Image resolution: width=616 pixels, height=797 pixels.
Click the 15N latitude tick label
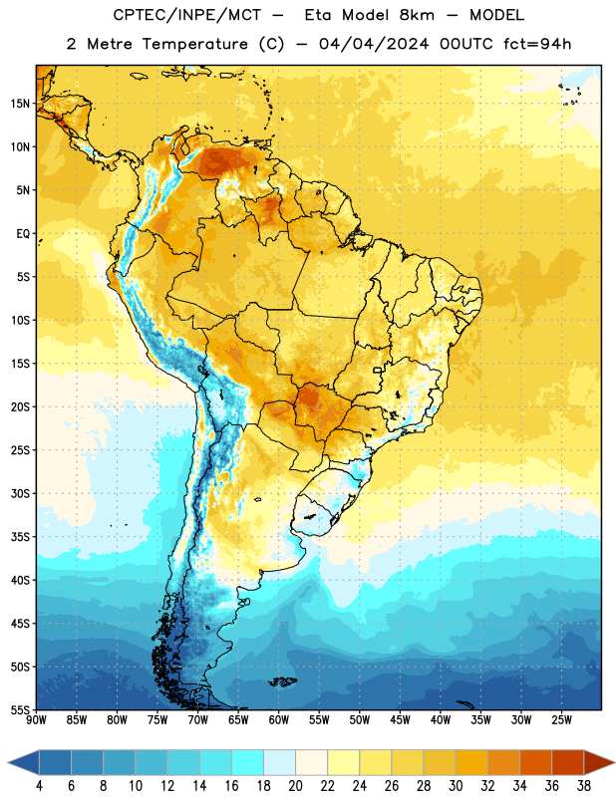20,104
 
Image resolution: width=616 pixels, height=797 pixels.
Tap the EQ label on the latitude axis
23,234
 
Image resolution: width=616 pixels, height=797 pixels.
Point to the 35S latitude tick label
20,537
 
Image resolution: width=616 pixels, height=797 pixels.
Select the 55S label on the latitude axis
20,709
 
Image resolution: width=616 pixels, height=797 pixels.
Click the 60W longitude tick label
279,720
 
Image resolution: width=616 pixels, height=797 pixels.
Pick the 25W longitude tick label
561,720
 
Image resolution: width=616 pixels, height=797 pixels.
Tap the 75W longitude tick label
157,720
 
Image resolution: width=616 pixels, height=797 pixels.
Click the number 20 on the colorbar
295,786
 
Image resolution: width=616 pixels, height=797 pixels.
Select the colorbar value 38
583,786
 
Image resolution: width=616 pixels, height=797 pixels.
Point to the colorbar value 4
39,786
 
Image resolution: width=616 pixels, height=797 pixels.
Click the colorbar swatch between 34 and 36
535,763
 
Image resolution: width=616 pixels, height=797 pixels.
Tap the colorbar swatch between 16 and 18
248,763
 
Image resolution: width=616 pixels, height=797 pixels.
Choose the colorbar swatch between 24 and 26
376,763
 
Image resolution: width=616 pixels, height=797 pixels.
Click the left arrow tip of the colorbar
8,763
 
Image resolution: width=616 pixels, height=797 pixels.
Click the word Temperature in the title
194,44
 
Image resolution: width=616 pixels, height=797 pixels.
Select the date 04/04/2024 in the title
374,44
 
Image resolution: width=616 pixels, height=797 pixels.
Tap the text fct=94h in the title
537,44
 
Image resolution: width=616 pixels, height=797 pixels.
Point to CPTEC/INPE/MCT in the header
186,15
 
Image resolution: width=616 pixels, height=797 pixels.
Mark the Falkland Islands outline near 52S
282,681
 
